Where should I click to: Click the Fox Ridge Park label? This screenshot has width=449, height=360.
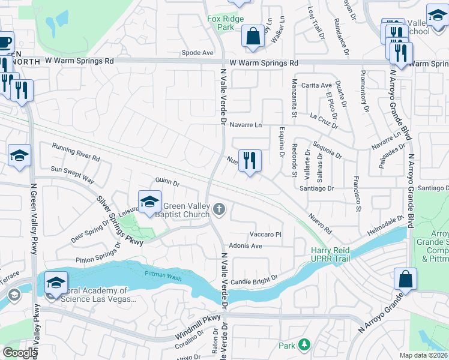(226, 23)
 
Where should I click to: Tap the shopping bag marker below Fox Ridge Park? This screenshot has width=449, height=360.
(253, 35)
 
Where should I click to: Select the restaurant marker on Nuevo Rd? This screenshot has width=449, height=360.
(250, 161)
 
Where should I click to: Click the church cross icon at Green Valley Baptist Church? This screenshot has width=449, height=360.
(220, 209)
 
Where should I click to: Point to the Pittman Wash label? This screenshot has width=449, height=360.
(161, 274)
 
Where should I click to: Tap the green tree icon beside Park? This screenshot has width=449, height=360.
(305, 345)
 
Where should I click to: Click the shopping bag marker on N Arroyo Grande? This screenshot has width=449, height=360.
(405, 280)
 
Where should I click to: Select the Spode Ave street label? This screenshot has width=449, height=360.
(197, 53)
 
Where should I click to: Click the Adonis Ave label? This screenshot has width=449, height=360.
(246, 246)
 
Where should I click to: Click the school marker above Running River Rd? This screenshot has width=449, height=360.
(19, 155)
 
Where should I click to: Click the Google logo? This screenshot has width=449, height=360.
(20, 353)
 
